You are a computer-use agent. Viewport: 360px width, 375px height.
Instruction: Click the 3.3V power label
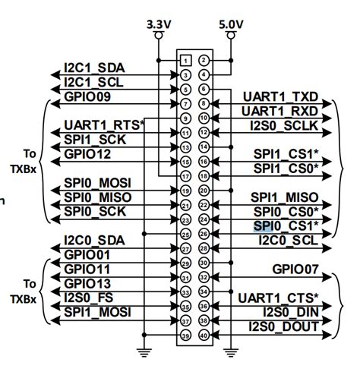159,24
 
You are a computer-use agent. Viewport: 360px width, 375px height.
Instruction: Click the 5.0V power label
230,24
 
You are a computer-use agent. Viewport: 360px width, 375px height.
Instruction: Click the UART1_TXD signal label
280,97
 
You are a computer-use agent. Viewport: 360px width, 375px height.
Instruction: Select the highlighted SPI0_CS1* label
286,226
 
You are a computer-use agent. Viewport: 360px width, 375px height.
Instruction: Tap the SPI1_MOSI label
97,312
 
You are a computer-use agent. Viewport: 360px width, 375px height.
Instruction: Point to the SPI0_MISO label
97,197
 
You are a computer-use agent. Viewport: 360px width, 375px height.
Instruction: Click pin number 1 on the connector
185,60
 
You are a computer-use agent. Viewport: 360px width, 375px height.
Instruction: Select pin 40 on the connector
204,335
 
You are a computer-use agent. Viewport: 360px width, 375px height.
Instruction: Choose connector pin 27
185,248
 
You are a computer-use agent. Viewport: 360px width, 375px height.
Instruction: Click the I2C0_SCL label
289,241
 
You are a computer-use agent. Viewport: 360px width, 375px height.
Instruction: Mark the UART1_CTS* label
279,298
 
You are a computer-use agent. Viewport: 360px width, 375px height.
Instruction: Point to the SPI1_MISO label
286,197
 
